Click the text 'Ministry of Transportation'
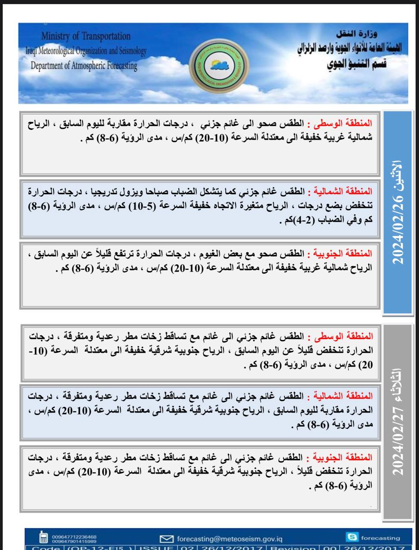(86, 36)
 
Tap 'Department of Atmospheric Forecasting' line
(84, 66)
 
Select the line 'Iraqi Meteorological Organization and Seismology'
(86, 51)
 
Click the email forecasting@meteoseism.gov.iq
(229, 538)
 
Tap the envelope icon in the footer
(166, 538)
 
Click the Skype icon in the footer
(352, 537)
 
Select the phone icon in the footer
(43, 537)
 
